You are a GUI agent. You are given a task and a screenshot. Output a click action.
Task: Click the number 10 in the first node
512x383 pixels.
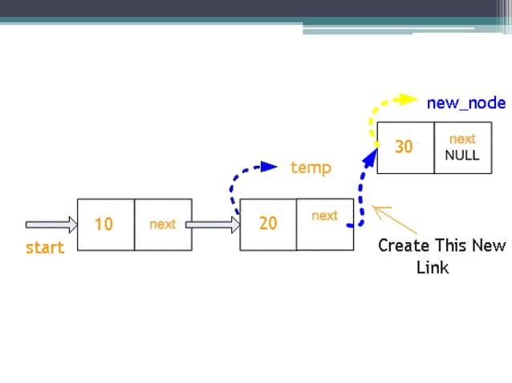click(x=104, y=224)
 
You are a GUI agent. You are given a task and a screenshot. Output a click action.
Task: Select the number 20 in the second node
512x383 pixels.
click(x=268, y=224)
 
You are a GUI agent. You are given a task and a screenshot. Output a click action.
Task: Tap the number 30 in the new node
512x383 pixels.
click(x=404, y=147)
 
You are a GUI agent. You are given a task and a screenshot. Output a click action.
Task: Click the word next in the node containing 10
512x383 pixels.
click(x=162, y=224)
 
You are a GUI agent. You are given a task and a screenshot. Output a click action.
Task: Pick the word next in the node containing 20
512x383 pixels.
click(x=324, y=216)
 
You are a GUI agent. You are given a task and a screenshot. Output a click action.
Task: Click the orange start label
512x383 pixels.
click(x=45, y=248)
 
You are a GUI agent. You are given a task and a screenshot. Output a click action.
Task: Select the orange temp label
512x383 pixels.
click(x=311, y=167)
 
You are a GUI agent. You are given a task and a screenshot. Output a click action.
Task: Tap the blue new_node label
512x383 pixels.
click(x=466, y=103)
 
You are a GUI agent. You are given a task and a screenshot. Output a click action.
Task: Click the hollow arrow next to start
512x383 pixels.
click(x=51, y=224)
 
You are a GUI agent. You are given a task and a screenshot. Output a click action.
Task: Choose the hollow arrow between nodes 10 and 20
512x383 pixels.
click(x=213, y=224)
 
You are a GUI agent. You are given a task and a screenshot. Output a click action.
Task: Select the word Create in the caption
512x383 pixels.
click(x=404, y=245)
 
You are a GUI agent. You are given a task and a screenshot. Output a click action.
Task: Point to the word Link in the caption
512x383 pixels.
click(x=433, y=268)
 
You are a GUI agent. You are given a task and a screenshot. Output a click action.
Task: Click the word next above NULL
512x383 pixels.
click(x=462, y=139)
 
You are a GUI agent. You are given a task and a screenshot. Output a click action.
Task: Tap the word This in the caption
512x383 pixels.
click(x=452, y=245)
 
